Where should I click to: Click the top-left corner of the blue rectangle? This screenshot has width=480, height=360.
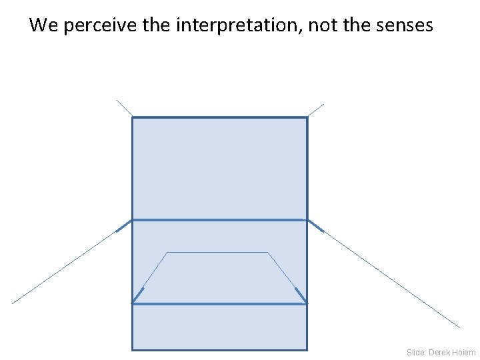(132, 118)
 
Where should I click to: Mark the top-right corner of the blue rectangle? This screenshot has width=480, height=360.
(307, 118)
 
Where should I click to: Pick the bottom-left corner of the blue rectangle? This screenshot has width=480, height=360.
(132, 349)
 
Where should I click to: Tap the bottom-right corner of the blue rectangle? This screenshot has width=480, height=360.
(307, 349)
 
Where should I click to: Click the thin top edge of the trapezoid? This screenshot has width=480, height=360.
(217, 253)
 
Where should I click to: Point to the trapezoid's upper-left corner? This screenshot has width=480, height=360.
(167, 253)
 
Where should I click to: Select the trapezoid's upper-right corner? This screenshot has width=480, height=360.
(268, 253)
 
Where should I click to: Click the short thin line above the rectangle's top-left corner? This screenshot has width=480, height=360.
(125, 109)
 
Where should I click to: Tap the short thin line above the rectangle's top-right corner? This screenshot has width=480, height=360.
(315, 111)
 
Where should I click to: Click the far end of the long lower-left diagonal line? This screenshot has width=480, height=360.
(13, 303)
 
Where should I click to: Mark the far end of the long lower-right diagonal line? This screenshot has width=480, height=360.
(459, 327)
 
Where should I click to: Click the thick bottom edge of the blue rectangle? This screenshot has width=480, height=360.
(219, 349)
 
